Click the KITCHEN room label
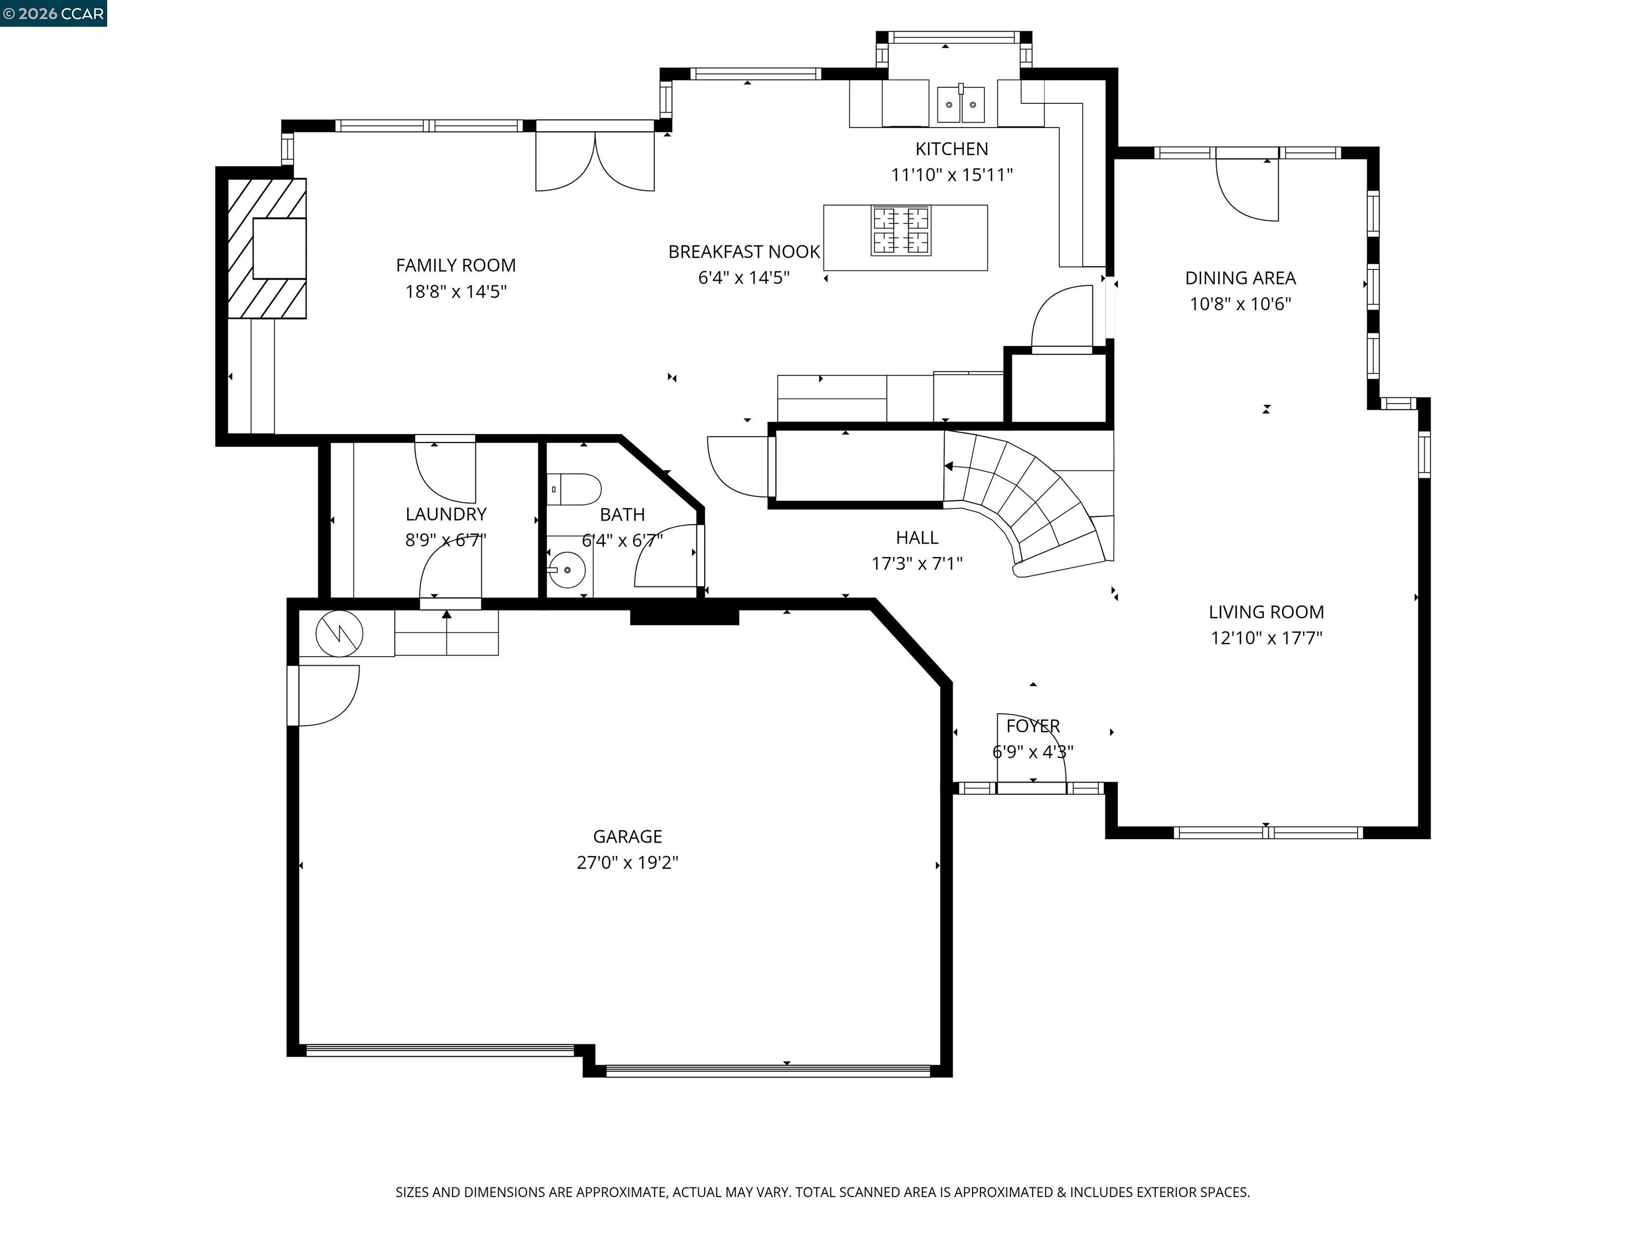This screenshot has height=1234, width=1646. click(x=951, y=149)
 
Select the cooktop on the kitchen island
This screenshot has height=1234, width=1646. click(x=900, y=231)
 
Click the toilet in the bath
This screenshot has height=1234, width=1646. click(x=574, y=490)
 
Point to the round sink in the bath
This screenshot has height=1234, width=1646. click(x=567, y=570)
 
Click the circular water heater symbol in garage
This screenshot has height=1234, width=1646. click(x=339, y=634)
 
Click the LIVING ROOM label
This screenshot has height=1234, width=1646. click(x=1266, y=612)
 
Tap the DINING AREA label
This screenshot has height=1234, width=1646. click(x=1240, y=278)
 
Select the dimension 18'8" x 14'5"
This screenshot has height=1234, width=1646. click(x=455, y=291)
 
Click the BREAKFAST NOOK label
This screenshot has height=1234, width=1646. click(x=743, y=252)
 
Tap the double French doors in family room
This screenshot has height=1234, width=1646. click(x=595, y=160)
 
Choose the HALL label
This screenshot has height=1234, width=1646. click(x=917, y=538)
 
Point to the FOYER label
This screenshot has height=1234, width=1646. click(x=1033, y=726)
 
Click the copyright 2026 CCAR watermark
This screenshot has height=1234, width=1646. click(x=53, y=13)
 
